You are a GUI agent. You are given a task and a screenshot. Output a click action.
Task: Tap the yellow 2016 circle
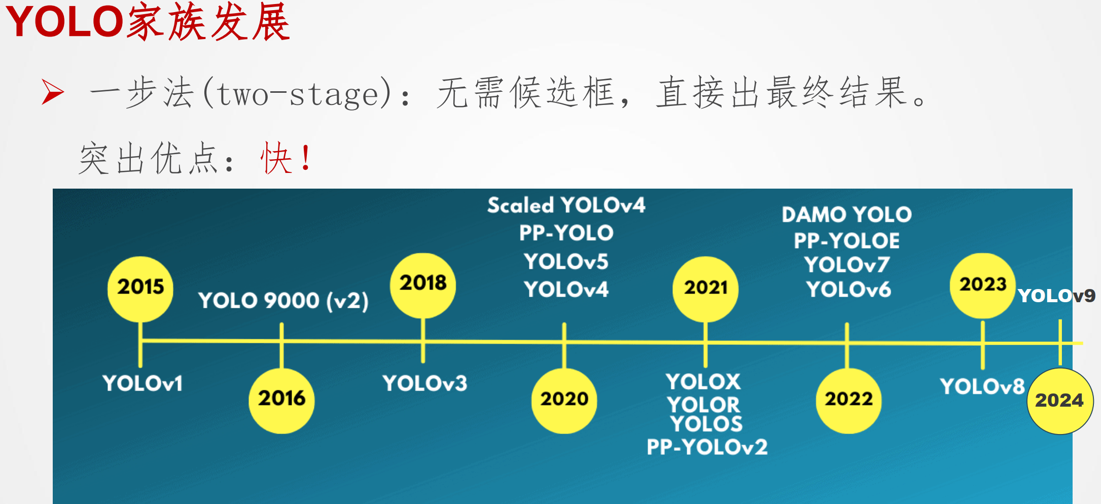pos(281,401)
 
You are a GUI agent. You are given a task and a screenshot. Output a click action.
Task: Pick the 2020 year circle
pos(564,401)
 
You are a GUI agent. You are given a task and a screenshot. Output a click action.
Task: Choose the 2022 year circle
pos(848,401)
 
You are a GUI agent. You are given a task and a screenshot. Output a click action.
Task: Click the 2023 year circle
pos(983,285)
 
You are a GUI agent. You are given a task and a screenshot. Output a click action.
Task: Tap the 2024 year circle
pos(1060,401)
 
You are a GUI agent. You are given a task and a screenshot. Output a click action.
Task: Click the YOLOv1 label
pos(143,383)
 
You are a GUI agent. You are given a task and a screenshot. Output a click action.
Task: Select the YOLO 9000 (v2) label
pos(283,301)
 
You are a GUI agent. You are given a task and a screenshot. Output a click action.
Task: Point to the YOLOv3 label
pos(425,383)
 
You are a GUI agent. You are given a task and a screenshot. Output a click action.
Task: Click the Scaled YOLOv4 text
pos(566,205)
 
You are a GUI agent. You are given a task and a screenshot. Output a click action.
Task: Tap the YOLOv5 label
pos(566,262)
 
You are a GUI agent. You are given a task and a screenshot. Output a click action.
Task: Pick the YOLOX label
pos(703,382)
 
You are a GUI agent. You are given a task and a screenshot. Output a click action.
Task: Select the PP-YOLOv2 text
pos(707,447)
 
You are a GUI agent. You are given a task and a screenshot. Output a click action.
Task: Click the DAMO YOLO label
pos(846,214)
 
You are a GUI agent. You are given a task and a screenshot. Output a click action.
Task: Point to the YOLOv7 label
pos(846,265)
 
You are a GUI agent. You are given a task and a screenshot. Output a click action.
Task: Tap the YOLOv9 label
pos(1056,296)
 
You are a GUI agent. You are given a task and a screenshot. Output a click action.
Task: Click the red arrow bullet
pos(53,92)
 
